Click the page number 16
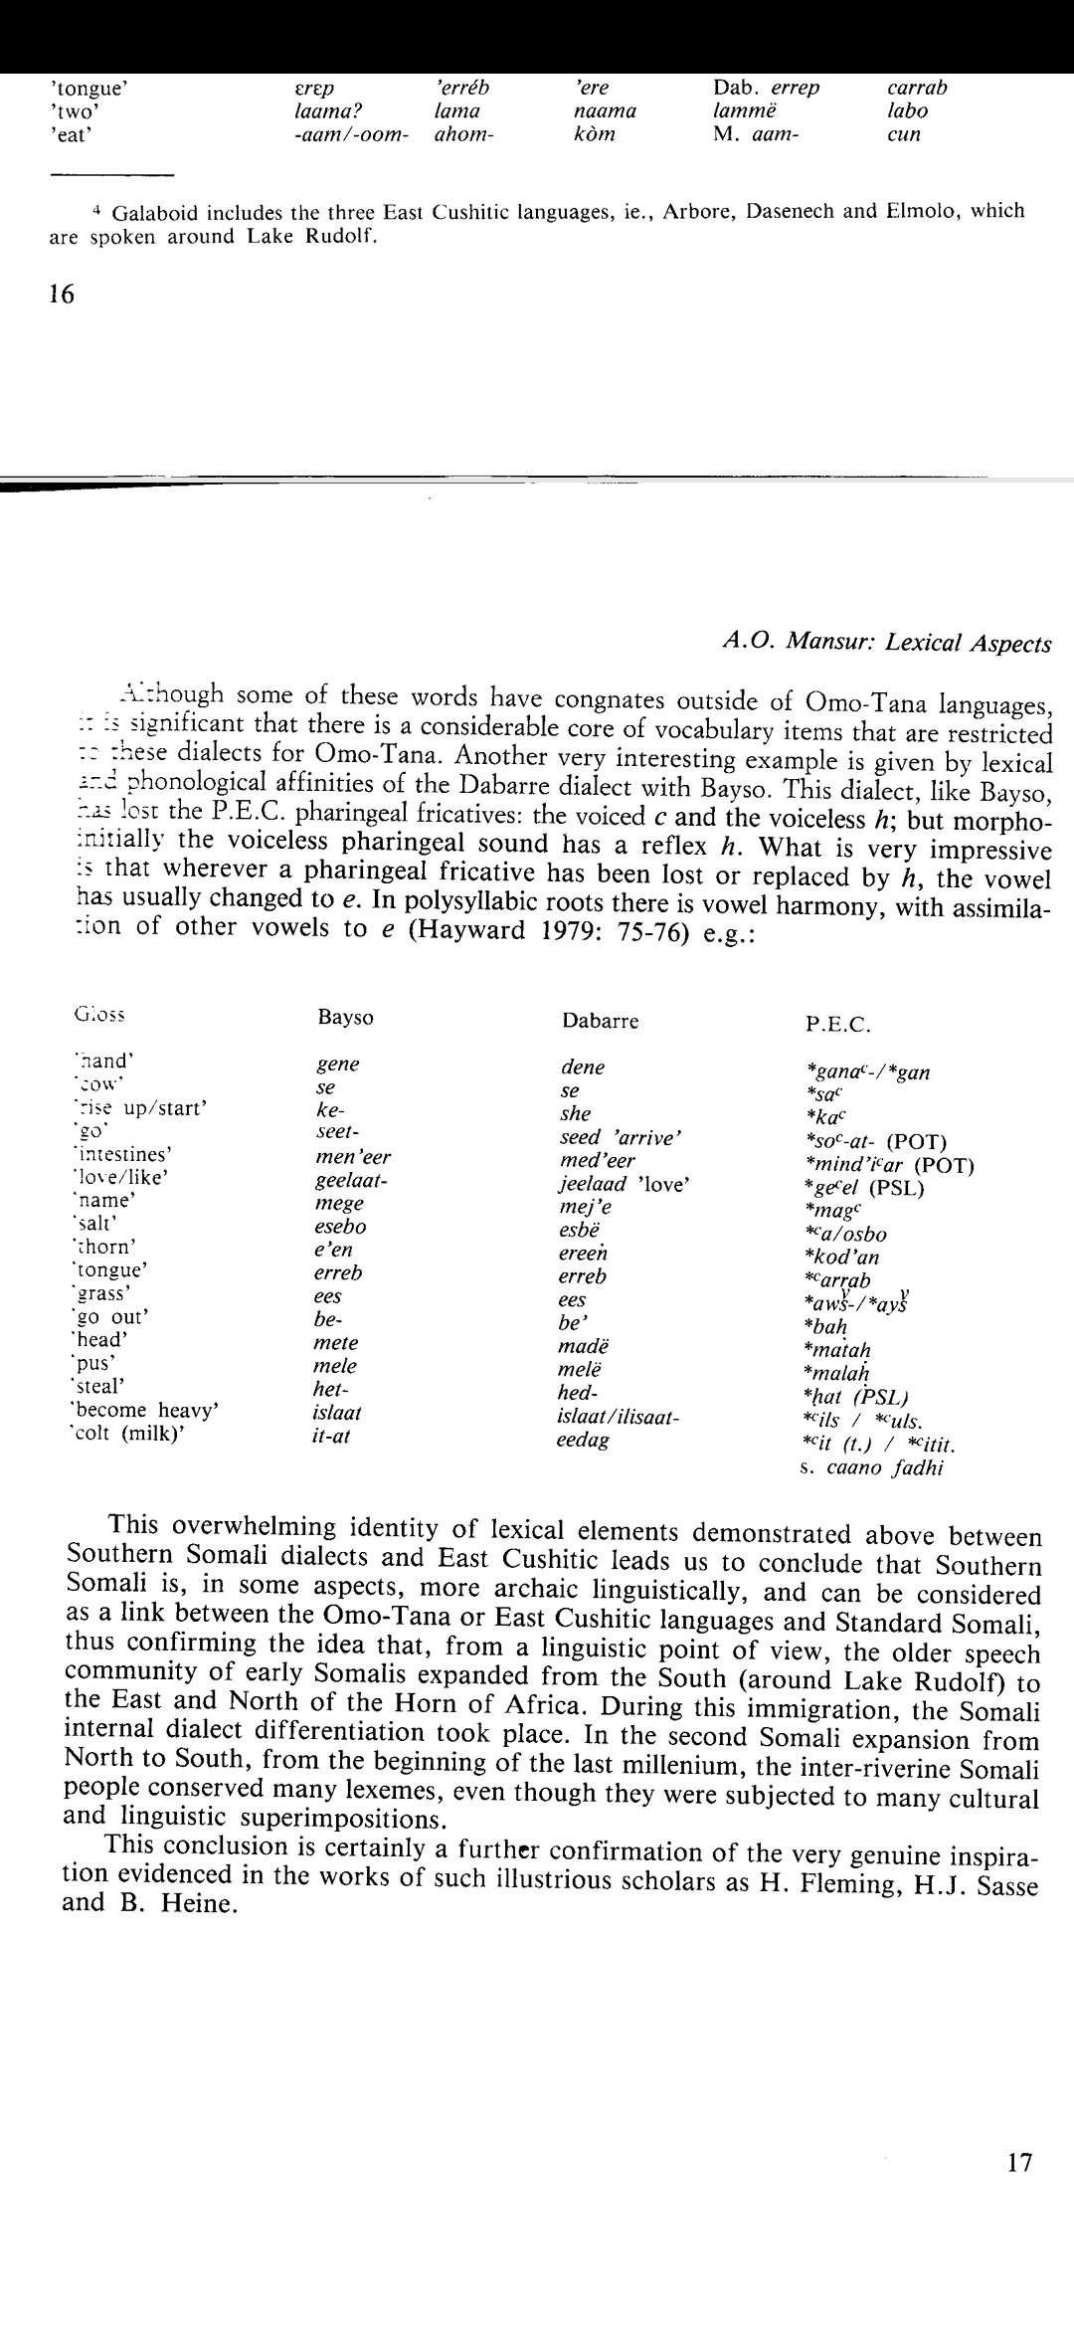(x=62, y=294)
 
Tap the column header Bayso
(x=345, y=1018)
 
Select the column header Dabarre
(x=600, y=1021)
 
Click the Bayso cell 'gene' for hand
(x=338, y=1065)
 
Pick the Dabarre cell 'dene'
(x=583, y=1067)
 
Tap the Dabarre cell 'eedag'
(x=583, y=1440)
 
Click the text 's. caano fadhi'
(x=870, y=1468)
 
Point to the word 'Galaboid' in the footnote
(x=157, y=212)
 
